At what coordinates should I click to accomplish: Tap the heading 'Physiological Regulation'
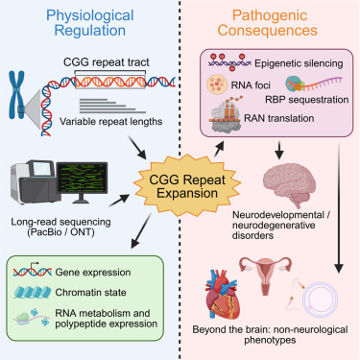click(90, 23)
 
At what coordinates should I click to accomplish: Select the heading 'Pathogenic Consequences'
click(268, 23)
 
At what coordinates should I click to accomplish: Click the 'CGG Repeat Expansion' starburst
click(187, 186)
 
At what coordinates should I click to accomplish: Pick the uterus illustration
click(266, 272)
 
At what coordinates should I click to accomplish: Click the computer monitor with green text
click(82, 181)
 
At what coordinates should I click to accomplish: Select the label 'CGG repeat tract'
click(107, 61)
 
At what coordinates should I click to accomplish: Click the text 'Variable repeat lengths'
click(111, 122)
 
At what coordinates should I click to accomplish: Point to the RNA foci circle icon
click(217, 84)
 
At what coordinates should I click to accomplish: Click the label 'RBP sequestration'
click(307, 100)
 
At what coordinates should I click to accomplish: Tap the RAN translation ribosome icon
click(226, 115)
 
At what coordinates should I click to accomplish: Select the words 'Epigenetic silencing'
click(299, 63)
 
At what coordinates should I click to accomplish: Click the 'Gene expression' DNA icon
click(33, 271)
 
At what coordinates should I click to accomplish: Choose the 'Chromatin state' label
click(90, 292)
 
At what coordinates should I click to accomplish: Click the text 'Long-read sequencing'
click(60, 222)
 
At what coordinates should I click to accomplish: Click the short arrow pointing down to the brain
click(279, 150)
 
